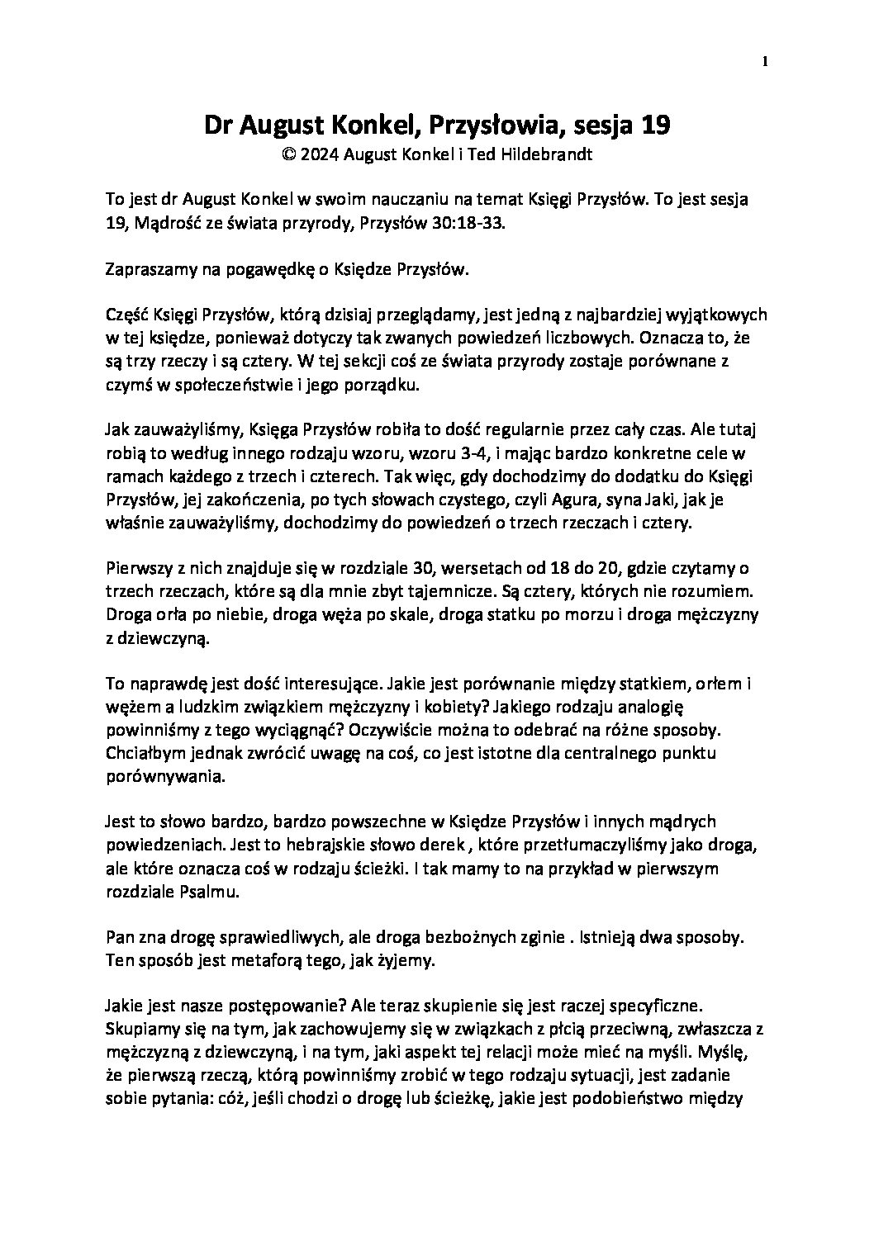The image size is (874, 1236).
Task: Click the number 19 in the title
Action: click(x=653, y=126)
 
